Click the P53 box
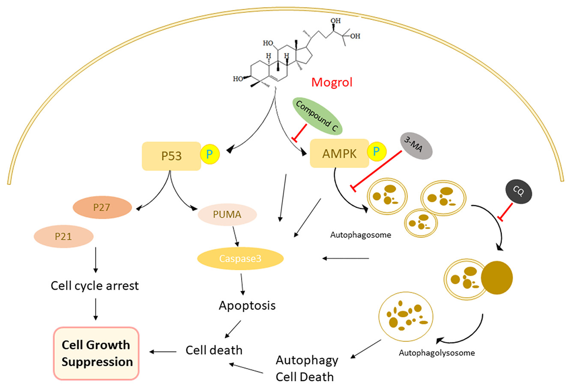171,156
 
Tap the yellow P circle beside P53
209,155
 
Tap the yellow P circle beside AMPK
376,151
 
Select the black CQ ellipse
518,191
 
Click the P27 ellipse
102,207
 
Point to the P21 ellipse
63,236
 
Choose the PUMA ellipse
227,214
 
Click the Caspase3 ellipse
240,258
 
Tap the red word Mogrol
332,82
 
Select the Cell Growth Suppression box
97,353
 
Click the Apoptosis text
247,305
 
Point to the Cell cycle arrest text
95,286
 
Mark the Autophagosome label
361,235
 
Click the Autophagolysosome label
436,353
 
